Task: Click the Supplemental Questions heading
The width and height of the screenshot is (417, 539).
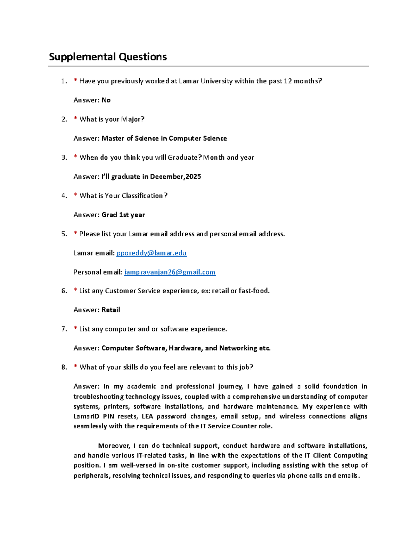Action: pos(108,57)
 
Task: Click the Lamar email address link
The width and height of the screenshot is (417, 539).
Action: pos(152,253)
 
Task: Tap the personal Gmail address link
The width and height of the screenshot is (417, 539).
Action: pos(170,272)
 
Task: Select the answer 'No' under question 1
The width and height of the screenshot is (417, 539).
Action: pos(106,100)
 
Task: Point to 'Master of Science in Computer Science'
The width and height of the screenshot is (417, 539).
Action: pos(164,138)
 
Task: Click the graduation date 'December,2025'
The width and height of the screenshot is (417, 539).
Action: pos(175,177)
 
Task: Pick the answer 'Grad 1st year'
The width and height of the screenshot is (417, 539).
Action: pos(123,215)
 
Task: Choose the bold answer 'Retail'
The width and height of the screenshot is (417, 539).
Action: pos(111,310)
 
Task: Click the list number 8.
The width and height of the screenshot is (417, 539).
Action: pos(64,367)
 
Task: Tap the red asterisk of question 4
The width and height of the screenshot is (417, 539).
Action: pos(75,195)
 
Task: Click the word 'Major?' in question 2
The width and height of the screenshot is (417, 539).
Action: pos(132,119)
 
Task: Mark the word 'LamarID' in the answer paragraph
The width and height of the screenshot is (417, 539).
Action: pos(86,416)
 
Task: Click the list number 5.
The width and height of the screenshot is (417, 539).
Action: pos(64,234)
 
